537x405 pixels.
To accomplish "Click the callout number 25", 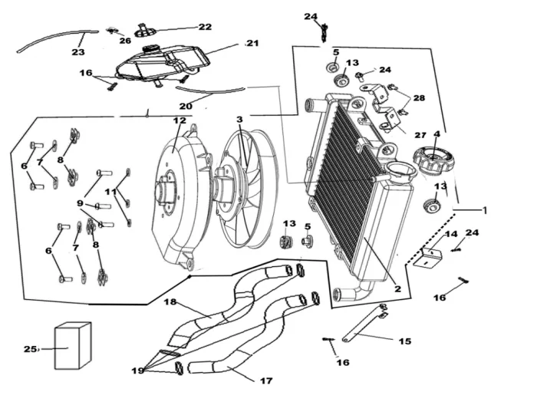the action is tap(30, 349).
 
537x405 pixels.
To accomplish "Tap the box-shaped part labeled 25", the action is tap(73, 345).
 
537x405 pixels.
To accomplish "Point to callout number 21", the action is tap(252, 44).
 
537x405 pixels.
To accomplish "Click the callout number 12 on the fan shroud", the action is tap(180, 120).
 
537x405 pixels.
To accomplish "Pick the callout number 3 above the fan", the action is tap(239, 120).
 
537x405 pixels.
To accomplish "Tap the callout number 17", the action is tap(266, 380).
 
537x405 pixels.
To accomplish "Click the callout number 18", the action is tap(170, 301).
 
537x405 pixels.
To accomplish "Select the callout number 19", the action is tap(138, 370).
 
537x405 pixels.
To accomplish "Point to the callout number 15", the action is tap(405, 341).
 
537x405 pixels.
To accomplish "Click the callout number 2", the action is tap(397, 288).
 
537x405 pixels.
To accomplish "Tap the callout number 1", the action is tap(484, 210).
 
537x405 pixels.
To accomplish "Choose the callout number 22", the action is tap(205, 27).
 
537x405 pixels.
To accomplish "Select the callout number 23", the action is tap(78, 52).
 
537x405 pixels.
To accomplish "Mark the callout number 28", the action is tap(419, 98).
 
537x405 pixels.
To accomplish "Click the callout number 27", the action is tap(420, 135).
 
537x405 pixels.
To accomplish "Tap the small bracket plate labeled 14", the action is tap(428, 258).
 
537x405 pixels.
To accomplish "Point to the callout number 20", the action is tap(186, 106).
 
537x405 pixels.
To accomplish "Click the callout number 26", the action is tap(125, 41).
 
